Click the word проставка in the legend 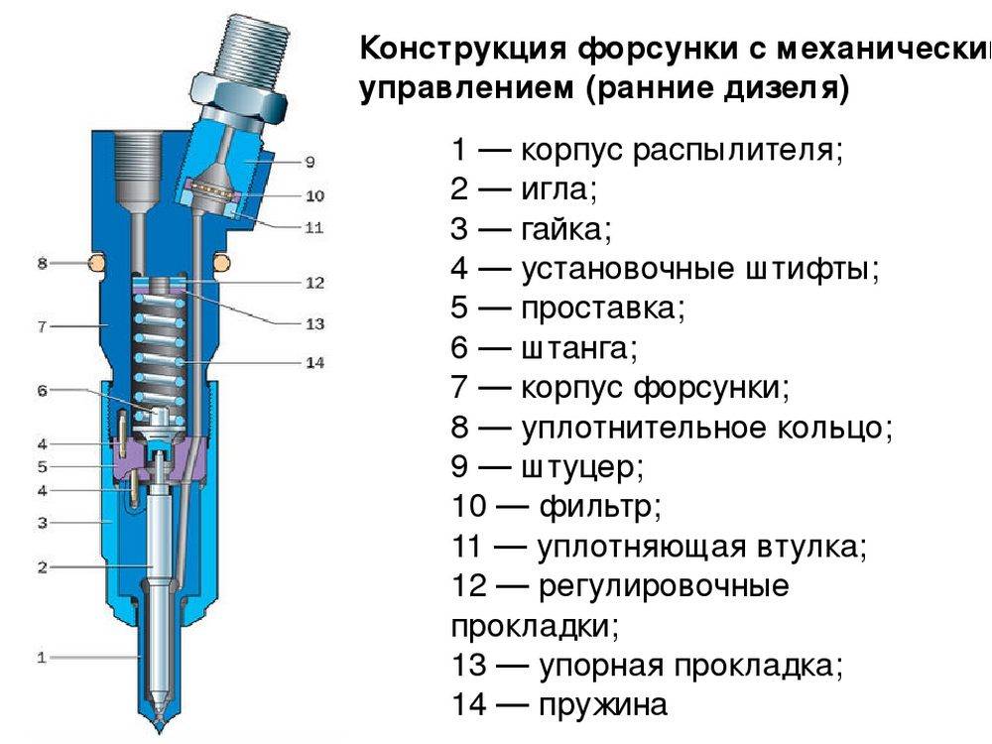tap(601, 309)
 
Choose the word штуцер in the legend tap(580, 467)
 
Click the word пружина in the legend tap(602, 705)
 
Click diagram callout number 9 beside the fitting tap(310, 162)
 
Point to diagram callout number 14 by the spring tap(315, 362)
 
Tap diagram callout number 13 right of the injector tap(315, 324)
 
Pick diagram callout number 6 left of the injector tap(42, 390)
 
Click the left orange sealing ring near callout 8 tap(95, 263)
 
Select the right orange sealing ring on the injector tap(222, 263)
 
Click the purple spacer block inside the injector tap(161, 461)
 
